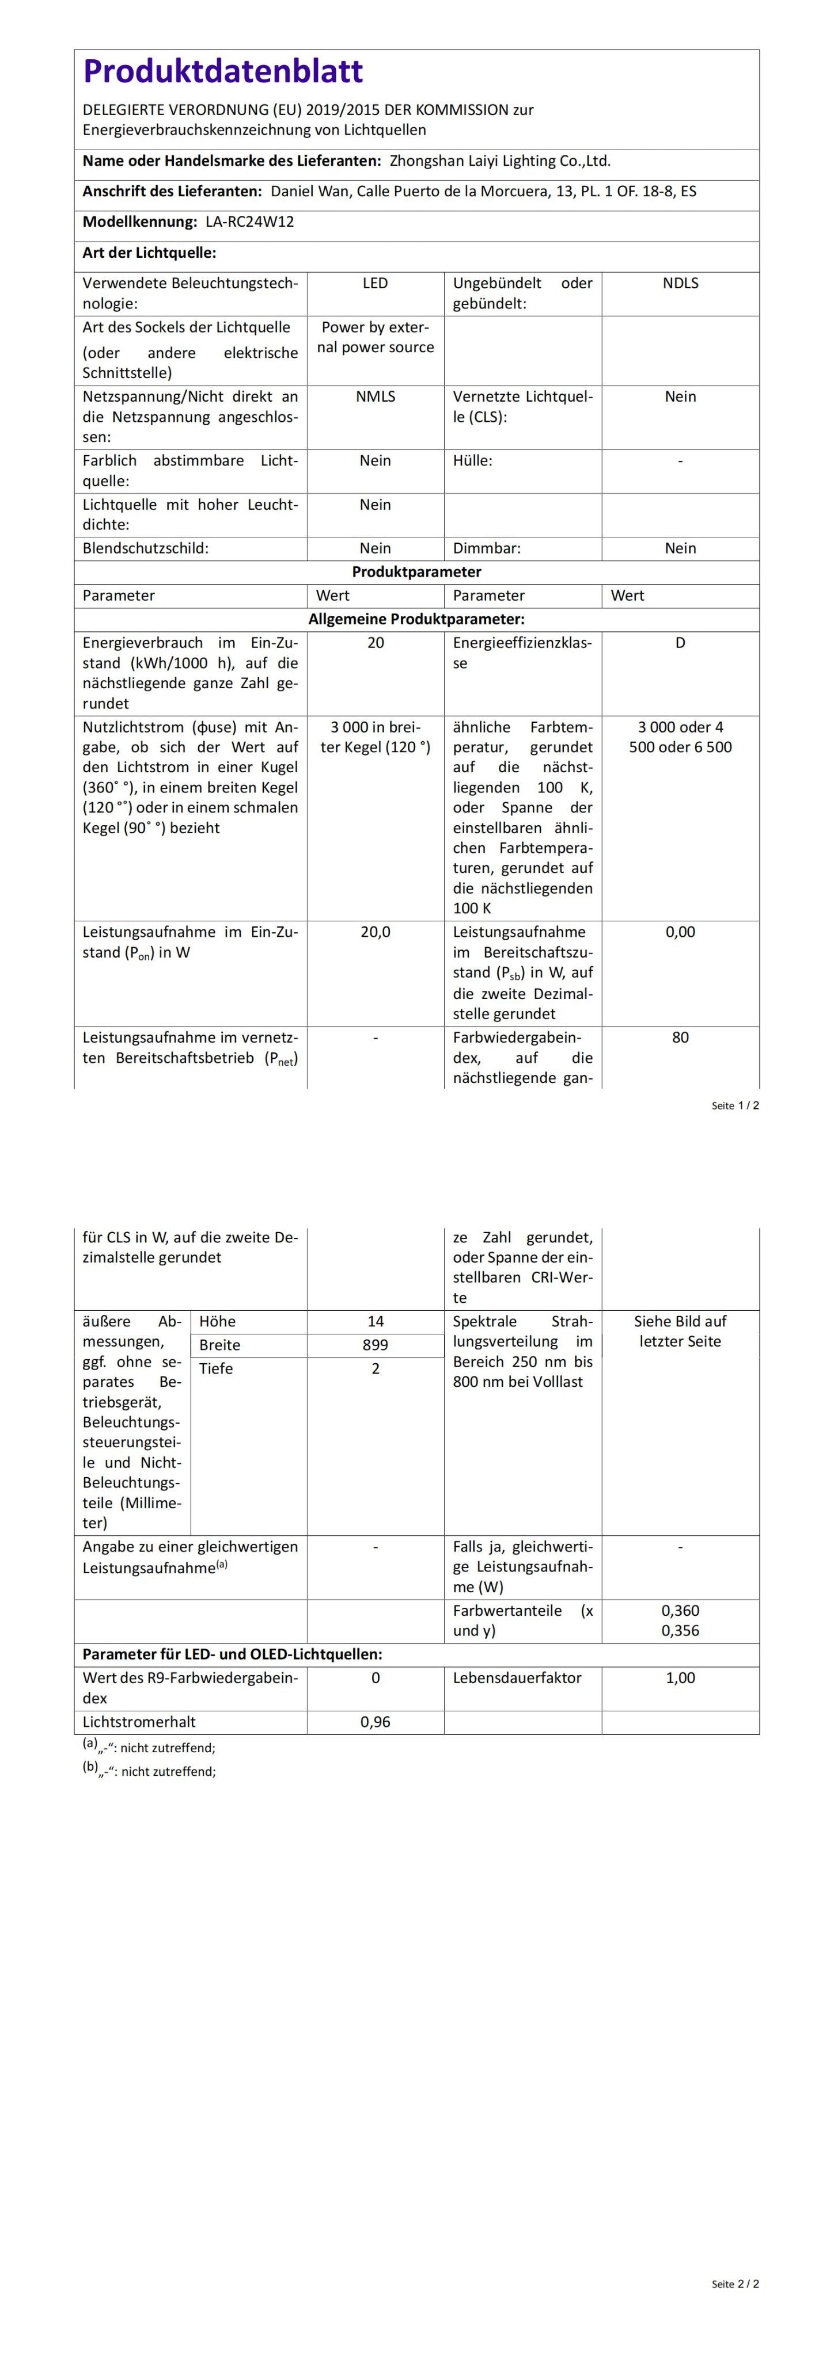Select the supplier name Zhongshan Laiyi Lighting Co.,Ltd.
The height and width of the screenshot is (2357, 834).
[500, 161]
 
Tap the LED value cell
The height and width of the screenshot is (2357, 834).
[376, 284]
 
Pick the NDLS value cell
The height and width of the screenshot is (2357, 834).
[680, 284]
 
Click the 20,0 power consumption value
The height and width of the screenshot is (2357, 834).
[376, 932]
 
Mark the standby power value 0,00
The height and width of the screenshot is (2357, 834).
[680, 932]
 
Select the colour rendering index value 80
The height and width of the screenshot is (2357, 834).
[680, 1038]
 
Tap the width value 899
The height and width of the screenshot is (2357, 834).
[376, 1345]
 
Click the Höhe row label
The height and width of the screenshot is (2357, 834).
[217, 1321]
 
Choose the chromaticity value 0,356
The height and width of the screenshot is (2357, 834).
[680, 1630]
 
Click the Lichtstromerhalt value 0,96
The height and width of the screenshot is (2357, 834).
[376, 1722]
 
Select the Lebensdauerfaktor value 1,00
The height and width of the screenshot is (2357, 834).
[680, 1678]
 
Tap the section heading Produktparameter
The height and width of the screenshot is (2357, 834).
[416, 572]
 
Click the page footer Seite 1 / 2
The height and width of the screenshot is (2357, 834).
[735, 1105]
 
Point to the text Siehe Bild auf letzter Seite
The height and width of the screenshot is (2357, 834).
[680, 1332]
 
